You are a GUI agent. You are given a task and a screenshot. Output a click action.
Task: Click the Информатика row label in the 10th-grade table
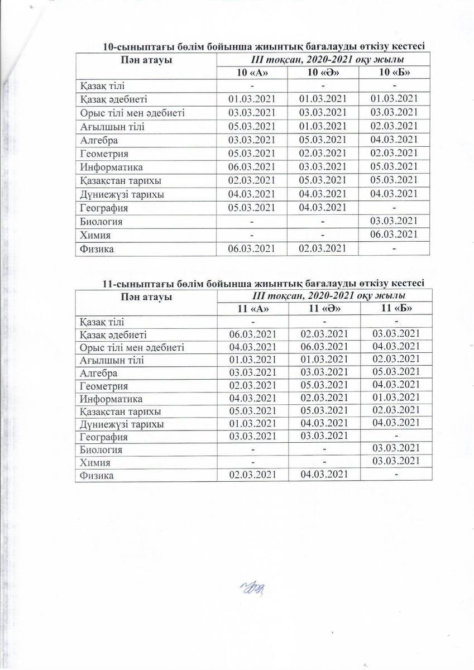[x=111, y=167]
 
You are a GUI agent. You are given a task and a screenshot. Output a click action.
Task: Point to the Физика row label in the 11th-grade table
[x=97, y=476]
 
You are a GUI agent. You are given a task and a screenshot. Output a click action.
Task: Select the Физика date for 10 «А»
[x=252, y=249]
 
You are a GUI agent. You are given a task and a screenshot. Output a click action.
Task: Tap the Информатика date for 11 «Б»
[x=396, y=398]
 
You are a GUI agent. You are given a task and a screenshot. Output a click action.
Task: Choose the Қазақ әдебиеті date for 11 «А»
[x=252, y=334]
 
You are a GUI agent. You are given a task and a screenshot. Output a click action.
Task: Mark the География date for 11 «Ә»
[x=323, y=437]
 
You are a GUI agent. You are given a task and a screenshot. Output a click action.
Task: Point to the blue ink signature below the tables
[x=253, y=587]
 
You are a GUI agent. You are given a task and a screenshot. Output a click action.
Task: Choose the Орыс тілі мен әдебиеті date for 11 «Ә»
[x=323, y=347]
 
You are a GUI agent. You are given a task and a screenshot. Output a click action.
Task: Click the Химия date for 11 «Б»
[x=396, y=462]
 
